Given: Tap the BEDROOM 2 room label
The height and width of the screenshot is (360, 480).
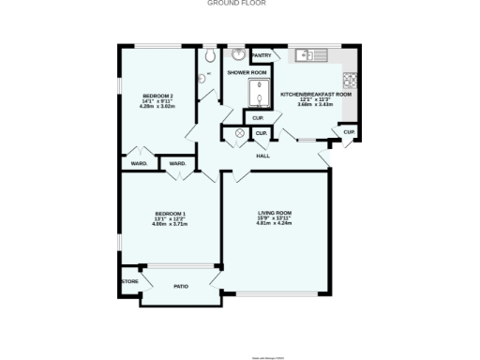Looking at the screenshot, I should click(157, 96).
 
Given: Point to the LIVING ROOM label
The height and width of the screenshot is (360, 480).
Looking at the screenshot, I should click(276, 213).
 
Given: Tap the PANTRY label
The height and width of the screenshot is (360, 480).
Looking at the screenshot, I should click(262, 55).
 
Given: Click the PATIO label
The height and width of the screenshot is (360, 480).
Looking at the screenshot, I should click(181, 285).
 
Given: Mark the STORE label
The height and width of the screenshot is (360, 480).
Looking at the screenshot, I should click(129, 280).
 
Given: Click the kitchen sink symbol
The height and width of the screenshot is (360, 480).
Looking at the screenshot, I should click(308, 56).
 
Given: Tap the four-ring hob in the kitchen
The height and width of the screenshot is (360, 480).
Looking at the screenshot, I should click(351, 79).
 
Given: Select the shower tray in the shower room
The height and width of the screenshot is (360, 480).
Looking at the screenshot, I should click(257, 94).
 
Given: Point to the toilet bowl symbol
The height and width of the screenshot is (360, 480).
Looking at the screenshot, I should click(208, 53).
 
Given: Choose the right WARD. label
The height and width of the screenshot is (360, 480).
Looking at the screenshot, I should click(176, 164).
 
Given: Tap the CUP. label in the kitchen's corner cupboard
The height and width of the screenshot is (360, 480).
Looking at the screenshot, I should click(348, 132).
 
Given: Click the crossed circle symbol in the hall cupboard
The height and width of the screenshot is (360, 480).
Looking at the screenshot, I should click(240, 134).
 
